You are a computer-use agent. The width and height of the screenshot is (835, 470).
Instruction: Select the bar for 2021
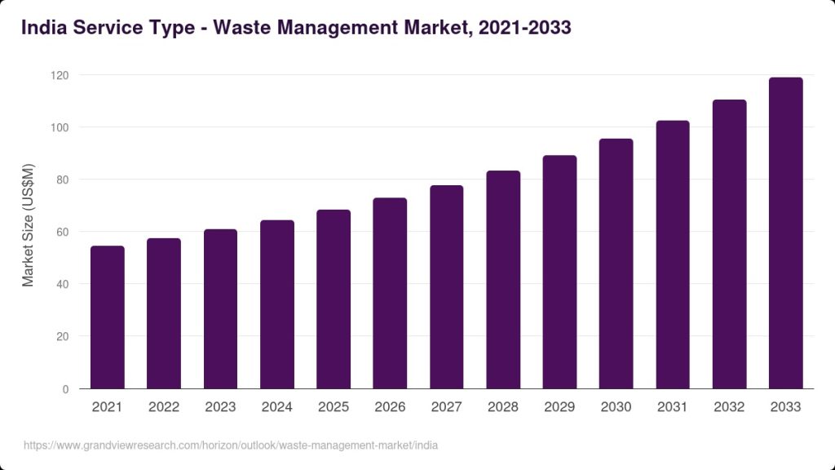point(108,317)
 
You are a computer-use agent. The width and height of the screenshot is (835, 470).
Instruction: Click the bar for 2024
point(277,304)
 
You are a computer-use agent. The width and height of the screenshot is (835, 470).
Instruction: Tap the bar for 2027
point(447,287)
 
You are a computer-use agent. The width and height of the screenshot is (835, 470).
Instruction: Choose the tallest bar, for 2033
point(786,233)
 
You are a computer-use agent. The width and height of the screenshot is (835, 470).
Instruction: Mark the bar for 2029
point(560,272)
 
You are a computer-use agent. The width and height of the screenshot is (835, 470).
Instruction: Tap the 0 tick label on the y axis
point(65,389)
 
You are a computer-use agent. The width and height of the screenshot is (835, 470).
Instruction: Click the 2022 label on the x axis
point(164,406)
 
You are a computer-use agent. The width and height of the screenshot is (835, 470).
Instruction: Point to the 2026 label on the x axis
point(390,406)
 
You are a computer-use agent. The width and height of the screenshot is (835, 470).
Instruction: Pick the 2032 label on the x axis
point(729,406)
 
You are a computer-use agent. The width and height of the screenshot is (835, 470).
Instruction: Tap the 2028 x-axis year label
point(503,406)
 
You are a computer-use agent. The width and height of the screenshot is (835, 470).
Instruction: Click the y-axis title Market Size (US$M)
point(29,225)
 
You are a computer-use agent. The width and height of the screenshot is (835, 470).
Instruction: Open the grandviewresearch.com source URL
point(231,446)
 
